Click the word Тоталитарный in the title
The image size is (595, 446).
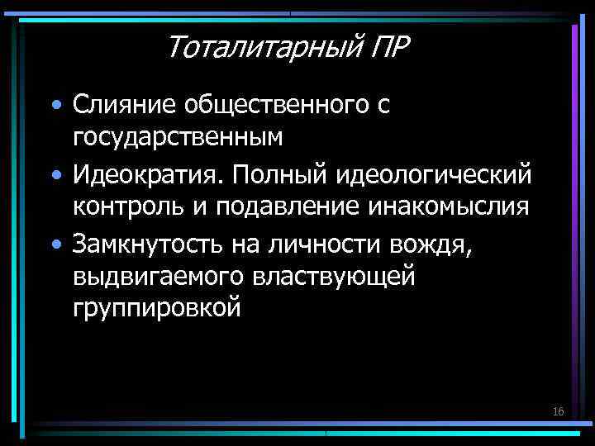(x=259, y=47)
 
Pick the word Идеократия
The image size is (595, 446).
(x=150, y=175)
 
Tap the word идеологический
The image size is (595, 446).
(x=434, y=175)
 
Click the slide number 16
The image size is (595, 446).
(x=558, y=410)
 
